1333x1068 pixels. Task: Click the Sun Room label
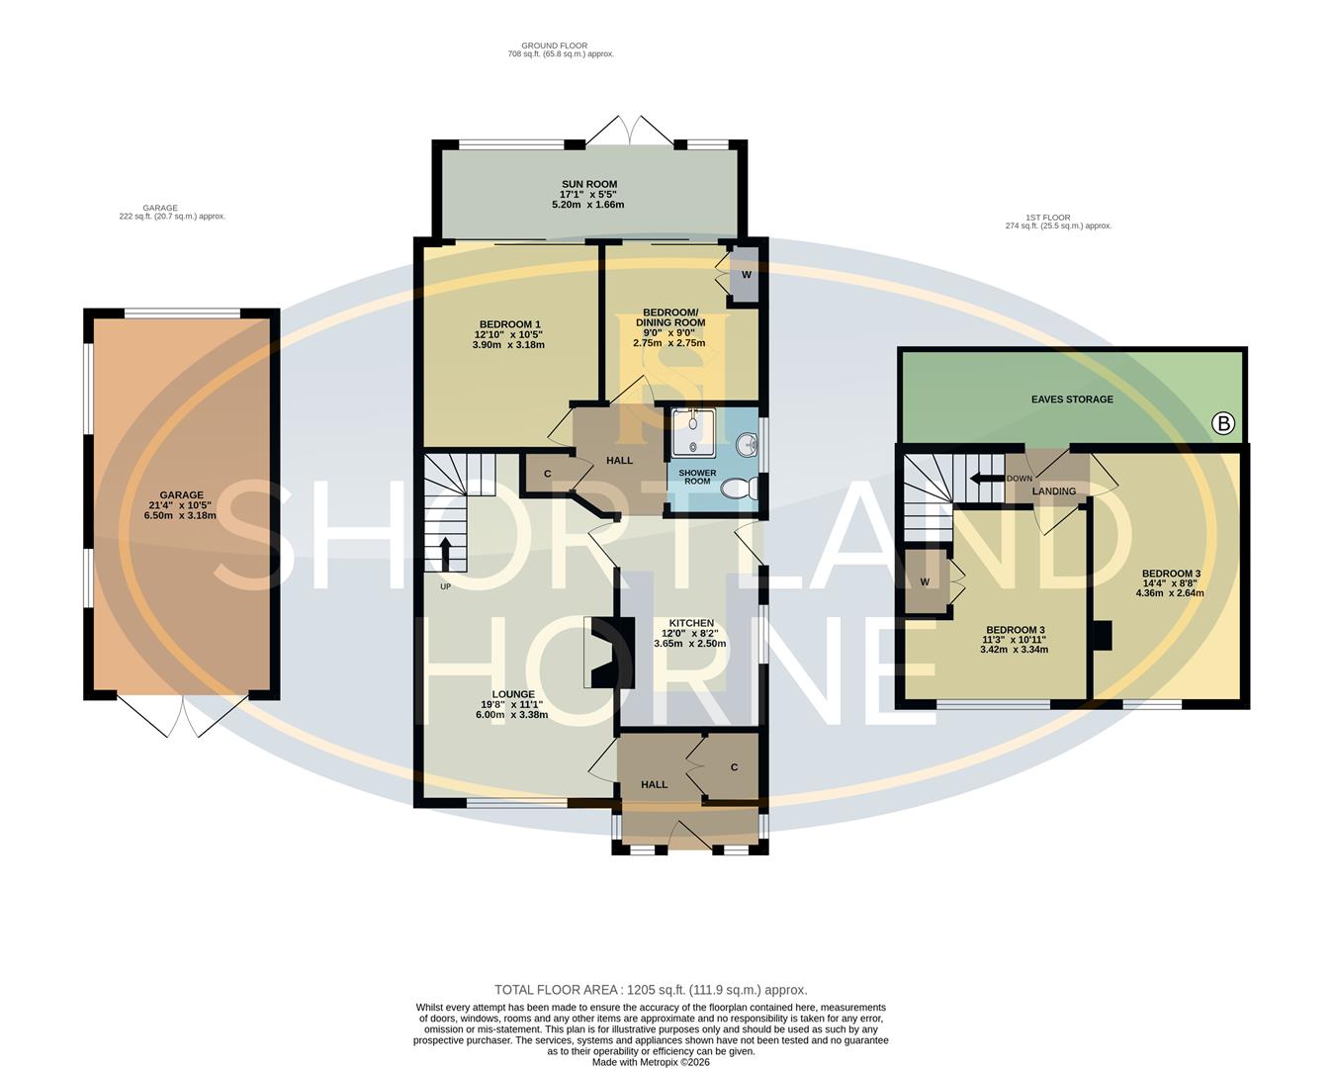(x=588, y=184)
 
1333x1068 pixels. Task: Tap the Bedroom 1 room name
(x=509, y=324)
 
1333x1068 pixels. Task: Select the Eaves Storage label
(x=1072, y=400)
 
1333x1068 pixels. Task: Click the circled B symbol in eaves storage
(x=1223, y=424)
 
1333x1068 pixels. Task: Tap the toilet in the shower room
(x=740, y=489)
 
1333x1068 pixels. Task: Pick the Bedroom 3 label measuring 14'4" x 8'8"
(x=1171, y=574)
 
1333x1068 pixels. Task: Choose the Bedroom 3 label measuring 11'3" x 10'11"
(x=1015, y=630)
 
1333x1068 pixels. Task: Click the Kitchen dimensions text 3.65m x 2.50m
(x=689, y=644)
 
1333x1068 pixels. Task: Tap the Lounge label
(x=512, y=694)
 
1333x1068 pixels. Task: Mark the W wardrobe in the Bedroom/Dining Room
(x=746, y=274)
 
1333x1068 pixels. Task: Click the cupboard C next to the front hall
(x=734, y=767)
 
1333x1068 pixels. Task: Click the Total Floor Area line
(x=651, y=989)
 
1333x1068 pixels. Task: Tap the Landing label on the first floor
(x=1053, y=491)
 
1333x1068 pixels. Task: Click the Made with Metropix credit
(x=651, y=1062)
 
